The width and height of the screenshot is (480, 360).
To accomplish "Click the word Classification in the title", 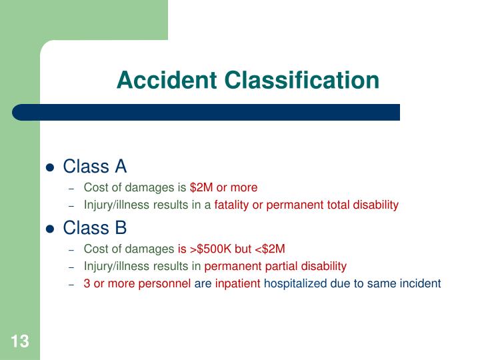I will (302, 81).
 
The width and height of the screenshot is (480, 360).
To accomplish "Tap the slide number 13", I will (20, 342).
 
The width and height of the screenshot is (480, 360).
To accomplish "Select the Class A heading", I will (95, 166).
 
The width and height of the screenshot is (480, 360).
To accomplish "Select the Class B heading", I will (95, 228).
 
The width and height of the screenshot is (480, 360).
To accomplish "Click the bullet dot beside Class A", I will (49, 167).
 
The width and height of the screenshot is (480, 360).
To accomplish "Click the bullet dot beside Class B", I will (49, 229).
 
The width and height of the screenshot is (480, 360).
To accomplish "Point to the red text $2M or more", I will (223, 187).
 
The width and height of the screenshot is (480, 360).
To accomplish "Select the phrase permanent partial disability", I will (275, 267).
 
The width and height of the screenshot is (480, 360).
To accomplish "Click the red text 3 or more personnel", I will (137, 283).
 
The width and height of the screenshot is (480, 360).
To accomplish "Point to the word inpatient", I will (238, 283).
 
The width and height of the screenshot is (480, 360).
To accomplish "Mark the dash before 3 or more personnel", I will (73, 284).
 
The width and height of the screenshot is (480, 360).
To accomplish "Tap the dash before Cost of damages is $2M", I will (73, 188).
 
